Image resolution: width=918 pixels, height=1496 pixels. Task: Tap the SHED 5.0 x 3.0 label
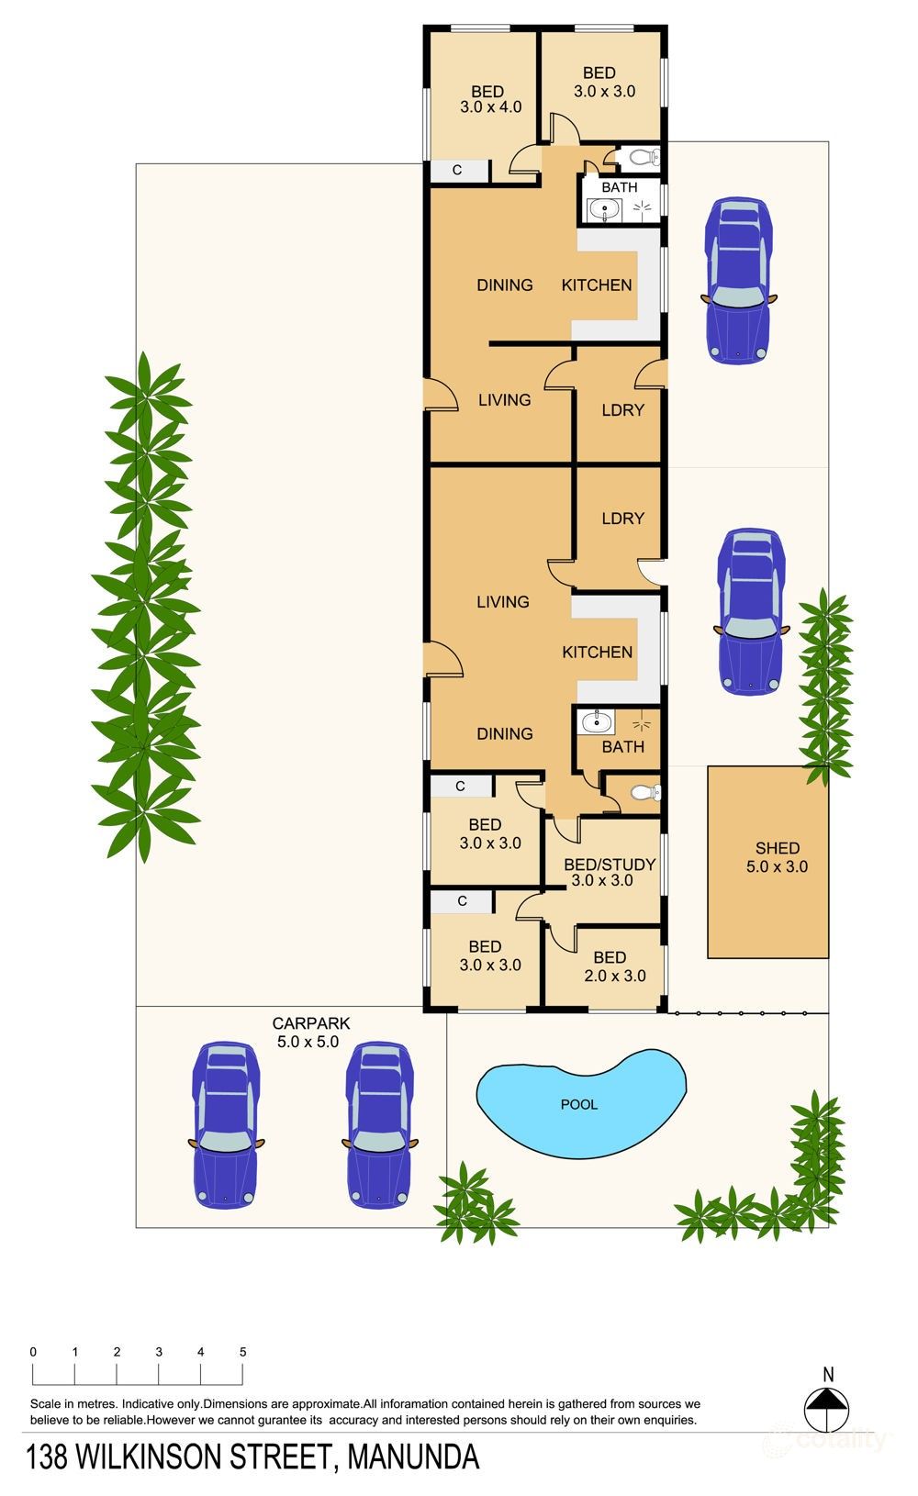(777, 857)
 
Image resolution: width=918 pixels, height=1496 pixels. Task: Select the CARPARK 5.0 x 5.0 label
(309, 1033)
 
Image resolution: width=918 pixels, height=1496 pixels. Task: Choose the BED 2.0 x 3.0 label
(609, 966)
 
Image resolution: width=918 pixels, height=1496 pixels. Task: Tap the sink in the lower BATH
(596, 722)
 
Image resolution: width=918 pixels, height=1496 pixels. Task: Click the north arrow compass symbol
(828, 1407)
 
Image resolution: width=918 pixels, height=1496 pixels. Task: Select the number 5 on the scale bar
(243, 1352)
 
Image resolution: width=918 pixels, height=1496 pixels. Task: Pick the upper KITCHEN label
(597, 285)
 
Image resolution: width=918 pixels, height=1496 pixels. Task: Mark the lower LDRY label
(622, 519)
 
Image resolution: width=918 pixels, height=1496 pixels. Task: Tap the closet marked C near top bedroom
(457, 171)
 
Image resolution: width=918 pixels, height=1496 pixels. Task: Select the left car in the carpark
(225, 1124)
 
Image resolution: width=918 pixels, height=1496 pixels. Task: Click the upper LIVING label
(504, 400)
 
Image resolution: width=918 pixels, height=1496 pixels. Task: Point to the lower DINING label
(505, 734)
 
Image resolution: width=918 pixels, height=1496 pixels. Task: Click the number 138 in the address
(47, 1457)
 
